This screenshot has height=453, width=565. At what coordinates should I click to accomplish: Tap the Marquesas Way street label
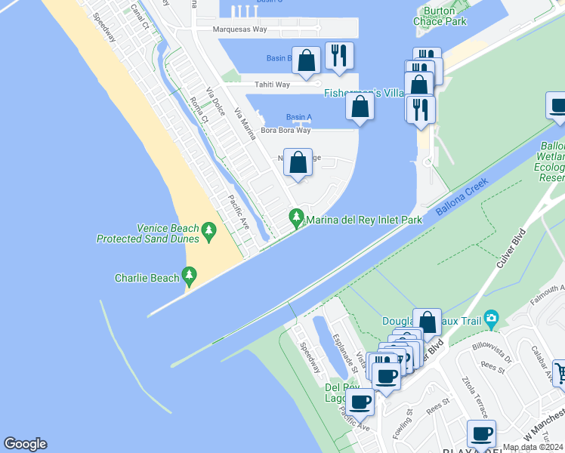[239, 30]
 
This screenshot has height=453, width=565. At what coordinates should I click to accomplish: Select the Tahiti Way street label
[271, 85]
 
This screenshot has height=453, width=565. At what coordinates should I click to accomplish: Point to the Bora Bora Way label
[286, 131]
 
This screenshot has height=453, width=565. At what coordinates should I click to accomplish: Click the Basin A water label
[298, 117]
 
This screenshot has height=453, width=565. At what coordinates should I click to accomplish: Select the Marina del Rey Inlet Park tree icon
[296, 219]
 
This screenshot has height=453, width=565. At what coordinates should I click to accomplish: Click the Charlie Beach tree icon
[190, 277]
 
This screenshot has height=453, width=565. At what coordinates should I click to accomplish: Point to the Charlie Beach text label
[147, 278]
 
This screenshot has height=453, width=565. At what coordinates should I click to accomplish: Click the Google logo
[25, 444]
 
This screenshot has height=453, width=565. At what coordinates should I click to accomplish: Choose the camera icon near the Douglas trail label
[492, 317]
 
